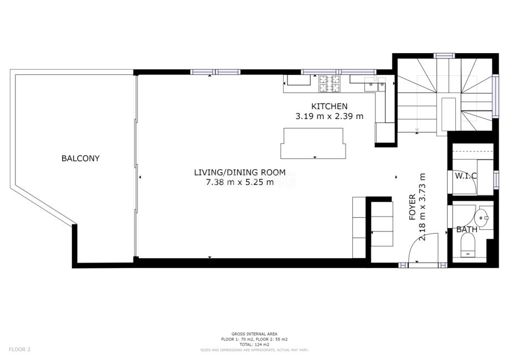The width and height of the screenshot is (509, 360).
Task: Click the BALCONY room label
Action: point(80,158)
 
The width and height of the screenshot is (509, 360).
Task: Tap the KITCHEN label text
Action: point(329,106)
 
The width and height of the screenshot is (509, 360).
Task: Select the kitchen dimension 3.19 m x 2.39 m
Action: point(329,116)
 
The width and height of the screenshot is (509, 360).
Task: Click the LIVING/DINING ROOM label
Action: point(240,172)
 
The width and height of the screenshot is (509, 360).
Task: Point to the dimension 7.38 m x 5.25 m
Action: point(240,182)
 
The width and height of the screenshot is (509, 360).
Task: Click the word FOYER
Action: point(412,207)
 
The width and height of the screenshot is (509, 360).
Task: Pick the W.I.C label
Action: point(466,176)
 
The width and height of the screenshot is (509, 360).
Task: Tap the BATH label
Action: point(467,229)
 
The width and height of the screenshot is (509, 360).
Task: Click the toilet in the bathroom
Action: point(467,245)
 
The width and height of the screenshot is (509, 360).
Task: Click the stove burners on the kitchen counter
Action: point(329,83)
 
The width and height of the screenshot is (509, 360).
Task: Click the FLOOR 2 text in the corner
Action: point(19,349)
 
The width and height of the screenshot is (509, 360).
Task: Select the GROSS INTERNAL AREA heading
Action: point(255,334)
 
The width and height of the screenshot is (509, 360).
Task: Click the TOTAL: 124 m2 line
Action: point(255,344)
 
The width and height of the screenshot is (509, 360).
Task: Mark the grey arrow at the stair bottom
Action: point(417,129)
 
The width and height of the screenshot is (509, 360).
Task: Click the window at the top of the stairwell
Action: point(445,55)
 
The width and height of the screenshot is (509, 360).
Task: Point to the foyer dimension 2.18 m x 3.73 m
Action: point(423,207)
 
